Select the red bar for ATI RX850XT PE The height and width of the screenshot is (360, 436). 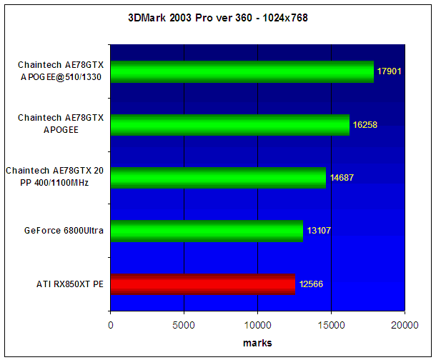click(203, 284)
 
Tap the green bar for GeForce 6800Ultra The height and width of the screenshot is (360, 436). click(207, 231)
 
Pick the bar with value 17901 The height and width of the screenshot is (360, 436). click(242, 71)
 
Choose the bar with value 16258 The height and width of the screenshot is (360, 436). click(230, 125)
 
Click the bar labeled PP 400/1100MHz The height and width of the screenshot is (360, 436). click(218, 178)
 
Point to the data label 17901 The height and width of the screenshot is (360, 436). click(389, 71)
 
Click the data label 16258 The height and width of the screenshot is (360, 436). click(365, 125)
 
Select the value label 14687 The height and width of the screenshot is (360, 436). click(342, 177)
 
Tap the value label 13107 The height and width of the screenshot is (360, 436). click(319, 231)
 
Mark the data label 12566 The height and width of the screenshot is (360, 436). click(311, 284)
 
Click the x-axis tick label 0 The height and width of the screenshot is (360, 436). click(111, 325)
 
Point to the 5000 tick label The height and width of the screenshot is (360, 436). click(184, 325)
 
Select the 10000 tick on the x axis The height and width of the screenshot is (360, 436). click(257, 325)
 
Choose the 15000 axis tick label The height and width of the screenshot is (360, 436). click(331, 325)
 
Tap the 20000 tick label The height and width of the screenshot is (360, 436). click(405, 325)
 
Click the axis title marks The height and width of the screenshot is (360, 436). click(257, 343)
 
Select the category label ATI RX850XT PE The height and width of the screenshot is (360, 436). click(70, 284)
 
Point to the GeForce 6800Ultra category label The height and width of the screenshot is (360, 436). click(64, 231)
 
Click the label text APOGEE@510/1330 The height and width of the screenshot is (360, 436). click(61, 77)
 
